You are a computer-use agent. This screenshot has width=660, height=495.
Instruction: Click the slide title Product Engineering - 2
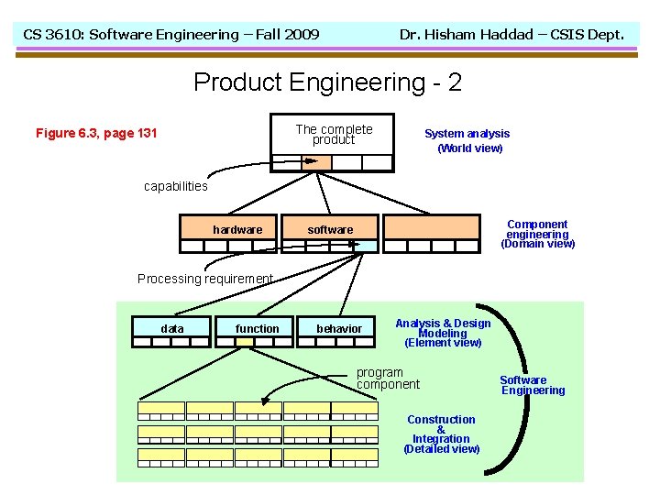(x=327, y=82)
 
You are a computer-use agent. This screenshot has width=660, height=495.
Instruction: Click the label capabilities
(x=176, y=186)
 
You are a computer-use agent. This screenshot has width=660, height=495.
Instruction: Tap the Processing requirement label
(x=205, y=279)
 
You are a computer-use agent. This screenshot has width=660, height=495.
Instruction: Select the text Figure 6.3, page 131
(x=96, y=134)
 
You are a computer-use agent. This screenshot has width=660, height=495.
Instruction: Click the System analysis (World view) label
(x=467, y=140)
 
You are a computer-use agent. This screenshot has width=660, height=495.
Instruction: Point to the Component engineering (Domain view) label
(x=537, y=234)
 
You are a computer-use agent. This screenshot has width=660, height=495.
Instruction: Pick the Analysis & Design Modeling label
(x=443, y=333)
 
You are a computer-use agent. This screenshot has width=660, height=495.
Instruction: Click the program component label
(x=387, y=379)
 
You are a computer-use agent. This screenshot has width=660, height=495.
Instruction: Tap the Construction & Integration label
(x=441, y=434)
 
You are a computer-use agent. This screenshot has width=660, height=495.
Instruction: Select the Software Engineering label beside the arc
(x=533, y=385)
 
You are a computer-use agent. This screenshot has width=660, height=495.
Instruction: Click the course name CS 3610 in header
(x=170, y=35)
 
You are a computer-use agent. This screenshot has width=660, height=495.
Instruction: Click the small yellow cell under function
(x=245, y=342)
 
